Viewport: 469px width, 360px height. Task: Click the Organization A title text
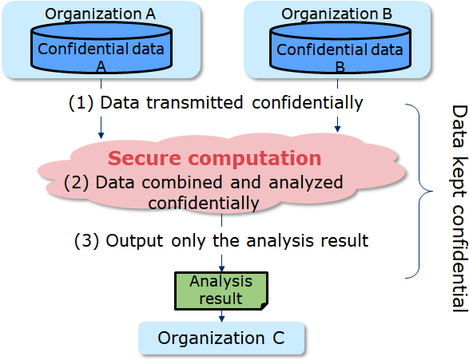(100, 14)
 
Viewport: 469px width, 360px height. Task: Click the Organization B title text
(336, 14)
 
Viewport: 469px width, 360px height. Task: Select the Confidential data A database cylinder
(101, 48)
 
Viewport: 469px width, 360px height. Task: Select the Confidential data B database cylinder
(340, 48)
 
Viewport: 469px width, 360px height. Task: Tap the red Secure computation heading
(214, 158)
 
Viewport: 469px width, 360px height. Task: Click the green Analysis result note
(221, 291)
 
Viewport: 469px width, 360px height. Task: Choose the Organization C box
(221, 338)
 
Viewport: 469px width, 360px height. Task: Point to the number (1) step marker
(81, 103)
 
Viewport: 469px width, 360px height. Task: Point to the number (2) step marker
(76, 182)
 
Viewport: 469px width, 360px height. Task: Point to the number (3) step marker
(86, 240)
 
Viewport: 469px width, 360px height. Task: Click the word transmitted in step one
(194, 102)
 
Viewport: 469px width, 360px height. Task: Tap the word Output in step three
(134, 240)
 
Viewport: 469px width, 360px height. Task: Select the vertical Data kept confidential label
(459, 208)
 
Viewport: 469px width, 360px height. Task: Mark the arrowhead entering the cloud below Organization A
(101, 135)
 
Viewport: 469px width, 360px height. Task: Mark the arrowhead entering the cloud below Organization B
(337, 129)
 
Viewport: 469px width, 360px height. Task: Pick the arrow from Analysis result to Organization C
(221, 316)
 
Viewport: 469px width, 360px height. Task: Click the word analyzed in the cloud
(306, 183)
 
